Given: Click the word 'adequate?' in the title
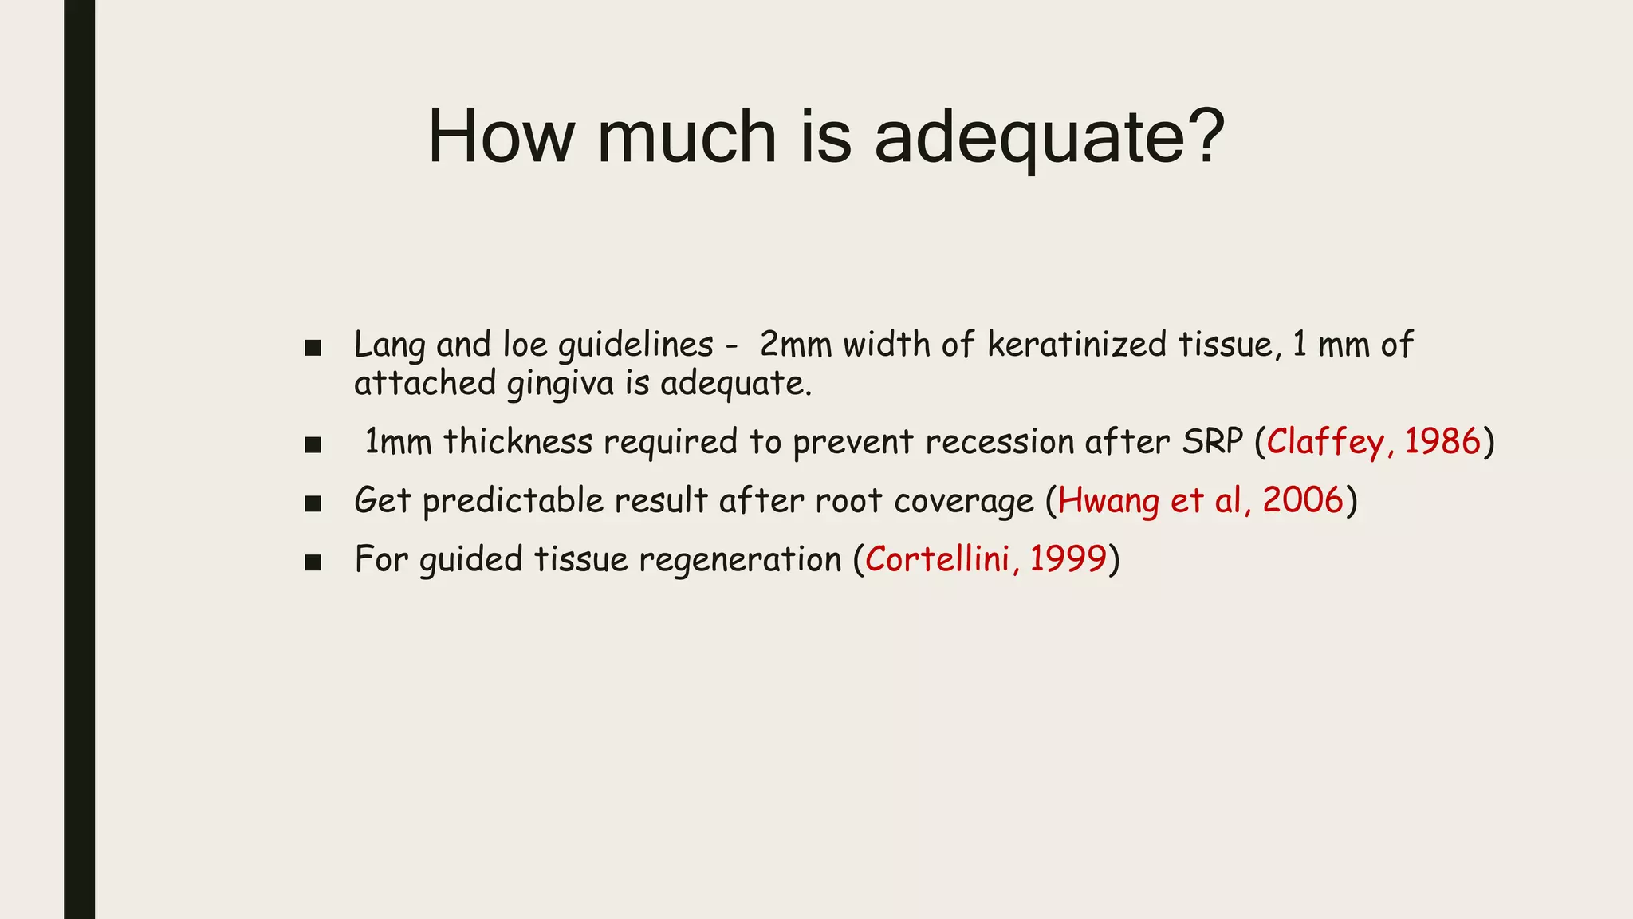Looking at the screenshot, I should [1049, 137].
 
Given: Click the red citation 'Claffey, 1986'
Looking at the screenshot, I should [1373, 442].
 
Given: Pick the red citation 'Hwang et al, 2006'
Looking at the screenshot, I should [1201, 501].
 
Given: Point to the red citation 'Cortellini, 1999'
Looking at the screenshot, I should [986, 559].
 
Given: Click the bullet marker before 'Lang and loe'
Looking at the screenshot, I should [313, 349].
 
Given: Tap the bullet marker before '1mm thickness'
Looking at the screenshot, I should [313, 444].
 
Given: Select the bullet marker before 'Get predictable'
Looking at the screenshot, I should [313, 503].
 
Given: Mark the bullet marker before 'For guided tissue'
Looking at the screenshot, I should [313, 562].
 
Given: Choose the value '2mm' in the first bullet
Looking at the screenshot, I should [795, 345].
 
